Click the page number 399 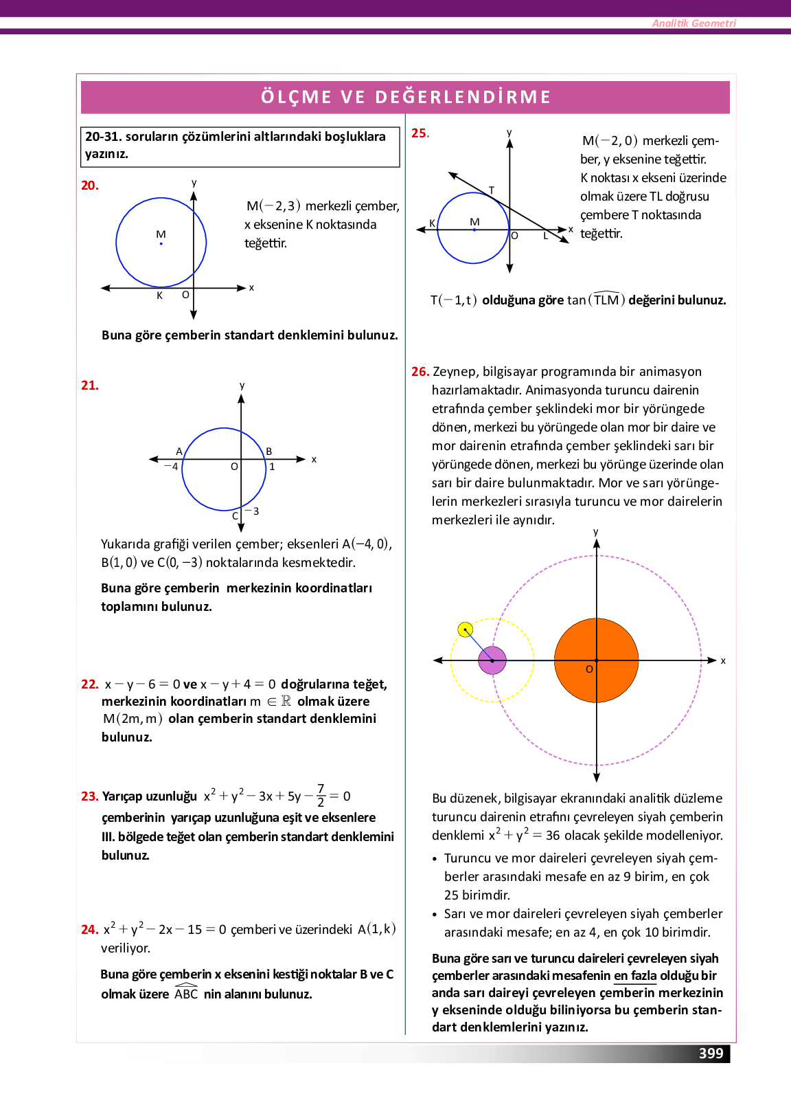pyautogui.click(x=711, y=1053)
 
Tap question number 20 pyautogui.click(x=90, y=186)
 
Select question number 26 pyautogui.click(x=420, y=372)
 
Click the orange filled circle pyautogui.click(x=596, y=660)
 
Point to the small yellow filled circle pyautogui.click(x=466, y=629)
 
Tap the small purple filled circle pyautogui.click(x=492, y=660)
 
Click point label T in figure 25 pyautogui.click(x=492, y=190)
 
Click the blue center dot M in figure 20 pyautogui.click(x=161, y=243)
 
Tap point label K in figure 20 pyautogui.click(x=159, y=295)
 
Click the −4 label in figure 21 pyautogui.click(x=171, y=467)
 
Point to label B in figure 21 pyautogui.click(x=269, y=451)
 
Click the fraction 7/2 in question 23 pyautogui.click(x=321, y=796)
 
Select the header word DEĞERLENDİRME pyautogui.click(x=463, y=97)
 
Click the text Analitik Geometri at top pyautogui.click(x=693, y=23)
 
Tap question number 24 pyautogui.click(x=89, y=930)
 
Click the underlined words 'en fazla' pyautogui.click(x=635, y=976)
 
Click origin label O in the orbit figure pyautogui.click(x=589, y=669)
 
